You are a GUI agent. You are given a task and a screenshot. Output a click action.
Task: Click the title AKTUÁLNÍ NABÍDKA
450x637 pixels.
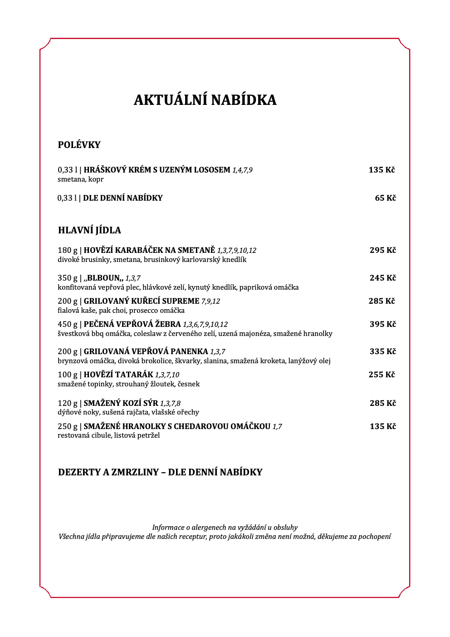pyautogui.click(x=205, y=100)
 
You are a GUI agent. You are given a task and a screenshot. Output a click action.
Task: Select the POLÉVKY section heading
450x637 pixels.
pyautogui.click(x=79, y=145)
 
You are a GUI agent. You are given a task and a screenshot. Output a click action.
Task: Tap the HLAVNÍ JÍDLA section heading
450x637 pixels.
pyautogui.click(x=89, y=230)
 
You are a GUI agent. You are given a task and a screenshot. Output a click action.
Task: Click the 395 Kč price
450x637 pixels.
pyautogui.click(x=382, y=324)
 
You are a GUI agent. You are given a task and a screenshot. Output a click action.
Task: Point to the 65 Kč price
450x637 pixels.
pyautogui.click(x=385, y=198)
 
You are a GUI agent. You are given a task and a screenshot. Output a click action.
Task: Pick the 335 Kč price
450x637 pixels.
pyautogui.click(x=382, y=351)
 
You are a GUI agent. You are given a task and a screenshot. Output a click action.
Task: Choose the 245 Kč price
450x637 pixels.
pyautogui.click(x=382, y=278)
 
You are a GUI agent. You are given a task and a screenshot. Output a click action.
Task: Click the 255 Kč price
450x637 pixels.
pyautogui.click(x=382, y=375)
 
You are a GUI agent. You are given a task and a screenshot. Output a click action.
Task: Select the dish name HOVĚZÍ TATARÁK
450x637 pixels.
pyautogui.click(x=118, y=375)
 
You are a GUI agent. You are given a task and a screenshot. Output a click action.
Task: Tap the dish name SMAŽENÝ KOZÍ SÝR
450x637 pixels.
pyautogui.click(x=121, y=403)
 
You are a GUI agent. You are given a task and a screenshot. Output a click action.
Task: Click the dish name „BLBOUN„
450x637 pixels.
pyautogui.click(x=103, y=278)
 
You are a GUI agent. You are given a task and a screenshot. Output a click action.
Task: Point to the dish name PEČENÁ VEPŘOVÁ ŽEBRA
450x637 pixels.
pyautogui.click(x=132, y=324)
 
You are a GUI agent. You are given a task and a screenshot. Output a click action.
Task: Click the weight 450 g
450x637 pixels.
pyautogui.click(x=68, y=324)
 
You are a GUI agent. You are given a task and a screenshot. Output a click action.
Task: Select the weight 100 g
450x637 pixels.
pyautogui.click(x=68, y=375)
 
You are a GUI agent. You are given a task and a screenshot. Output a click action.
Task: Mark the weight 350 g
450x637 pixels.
pyautogui.click(x=68, y=278)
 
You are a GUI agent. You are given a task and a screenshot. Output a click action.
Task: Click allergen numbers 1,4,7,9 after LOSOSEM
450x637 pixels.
pyautogui.click(x=242, y=170)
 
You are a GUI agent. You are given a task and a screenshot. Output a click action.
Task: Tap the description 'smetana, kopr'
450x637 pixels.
pyautogui.click(x=80, y=179)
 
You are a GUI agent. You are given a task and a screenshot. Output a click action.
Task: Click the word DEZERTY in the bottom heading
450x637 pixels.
pyautogui.click(x=79, y=472)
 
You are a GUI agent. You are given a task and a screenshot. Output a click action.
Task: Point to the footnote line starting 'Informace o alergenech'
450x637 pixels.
pyautogui.click(x=225, y=527)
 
